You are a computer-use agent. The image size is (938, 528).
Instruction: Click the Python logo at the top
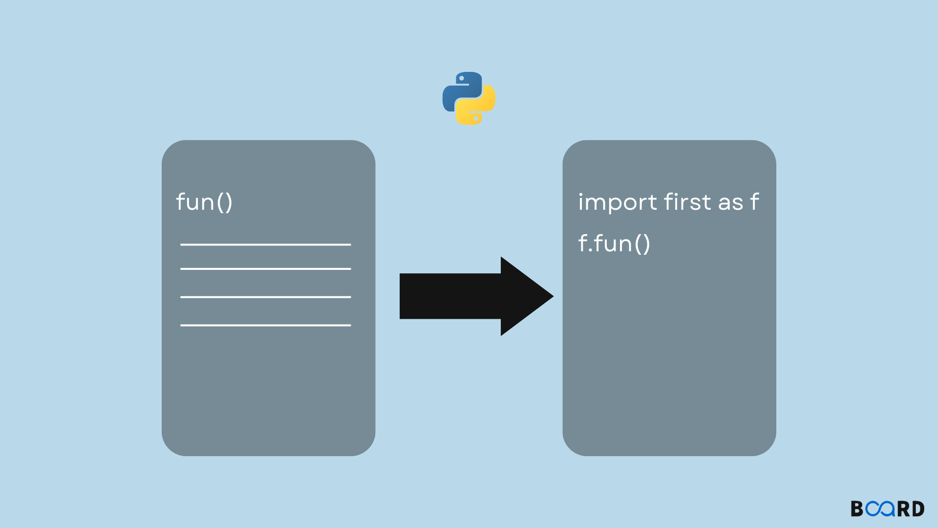pos(469,98)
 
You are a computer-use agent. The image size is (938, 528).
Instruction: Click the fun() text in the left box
pos(204,202)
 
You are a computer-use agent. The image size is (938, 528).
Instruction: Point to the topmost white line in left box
pos(265,244)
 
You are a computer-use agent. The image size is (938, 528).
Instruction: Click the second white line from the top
pos(265,269)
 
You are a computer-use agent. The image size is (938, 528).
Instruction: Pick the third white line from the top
pos(265,297)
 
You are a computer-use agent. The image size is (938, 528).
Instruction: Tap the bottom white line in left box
pos(265,325)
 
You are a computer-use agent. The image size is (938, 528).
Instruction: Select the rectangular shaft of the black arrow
pos(449,296)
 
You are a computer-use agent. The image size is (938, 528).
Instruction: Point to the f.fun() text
pos(614,243)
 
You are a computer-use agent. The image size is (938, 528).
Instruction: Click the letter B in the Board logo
pos(857,509)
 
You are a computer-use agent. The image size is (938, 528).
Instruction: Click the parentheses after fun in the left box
pos(224,202)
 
